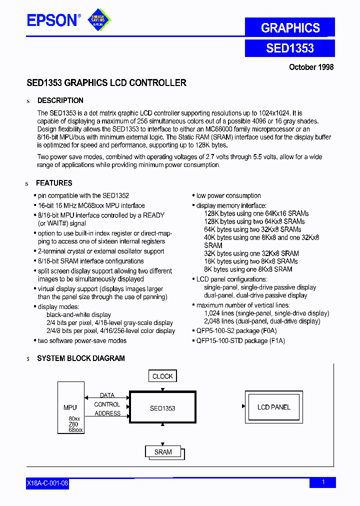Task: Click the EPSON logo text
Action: (x=52, y=20)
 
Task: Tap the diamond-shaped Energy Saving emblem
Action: (x=98, y=20)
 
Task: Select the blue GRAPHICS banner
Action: (x=290, y=27)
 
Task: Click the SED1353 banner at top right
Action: (x=290, y=48)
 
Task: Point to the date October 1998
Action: (x=311, y=67)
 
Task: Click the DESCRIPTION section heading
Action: (x=60, y=100)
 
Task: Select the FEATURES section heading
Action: (x=54, y=183)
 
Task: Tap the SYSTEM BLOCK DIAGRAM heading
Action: (x=81, y=358)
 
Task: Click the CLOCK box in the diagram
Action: (x=162, y=376)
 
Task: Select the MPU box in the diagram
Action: (x=70, y=407)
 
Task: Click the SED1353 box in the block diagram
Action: (x=162, y=408)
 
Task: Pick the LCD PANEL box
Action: (x=273, y=407)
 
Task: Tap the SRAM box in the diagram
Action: (x=163, y=452)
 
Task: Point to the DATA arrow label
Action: (x=107, y=395)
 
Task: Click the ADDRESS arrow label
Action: (x=107, y=413)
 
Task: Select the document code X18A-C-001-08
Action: (x=47, y=483)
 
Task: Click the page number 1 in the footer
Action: (x=323, y=482)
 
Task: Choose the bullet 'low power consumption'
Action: (x=228, y=195)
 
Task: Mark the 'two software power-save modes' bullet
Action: (x=82, y=340)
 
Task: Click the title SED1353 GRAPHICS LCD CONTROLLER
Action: (x=106, y=83)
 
